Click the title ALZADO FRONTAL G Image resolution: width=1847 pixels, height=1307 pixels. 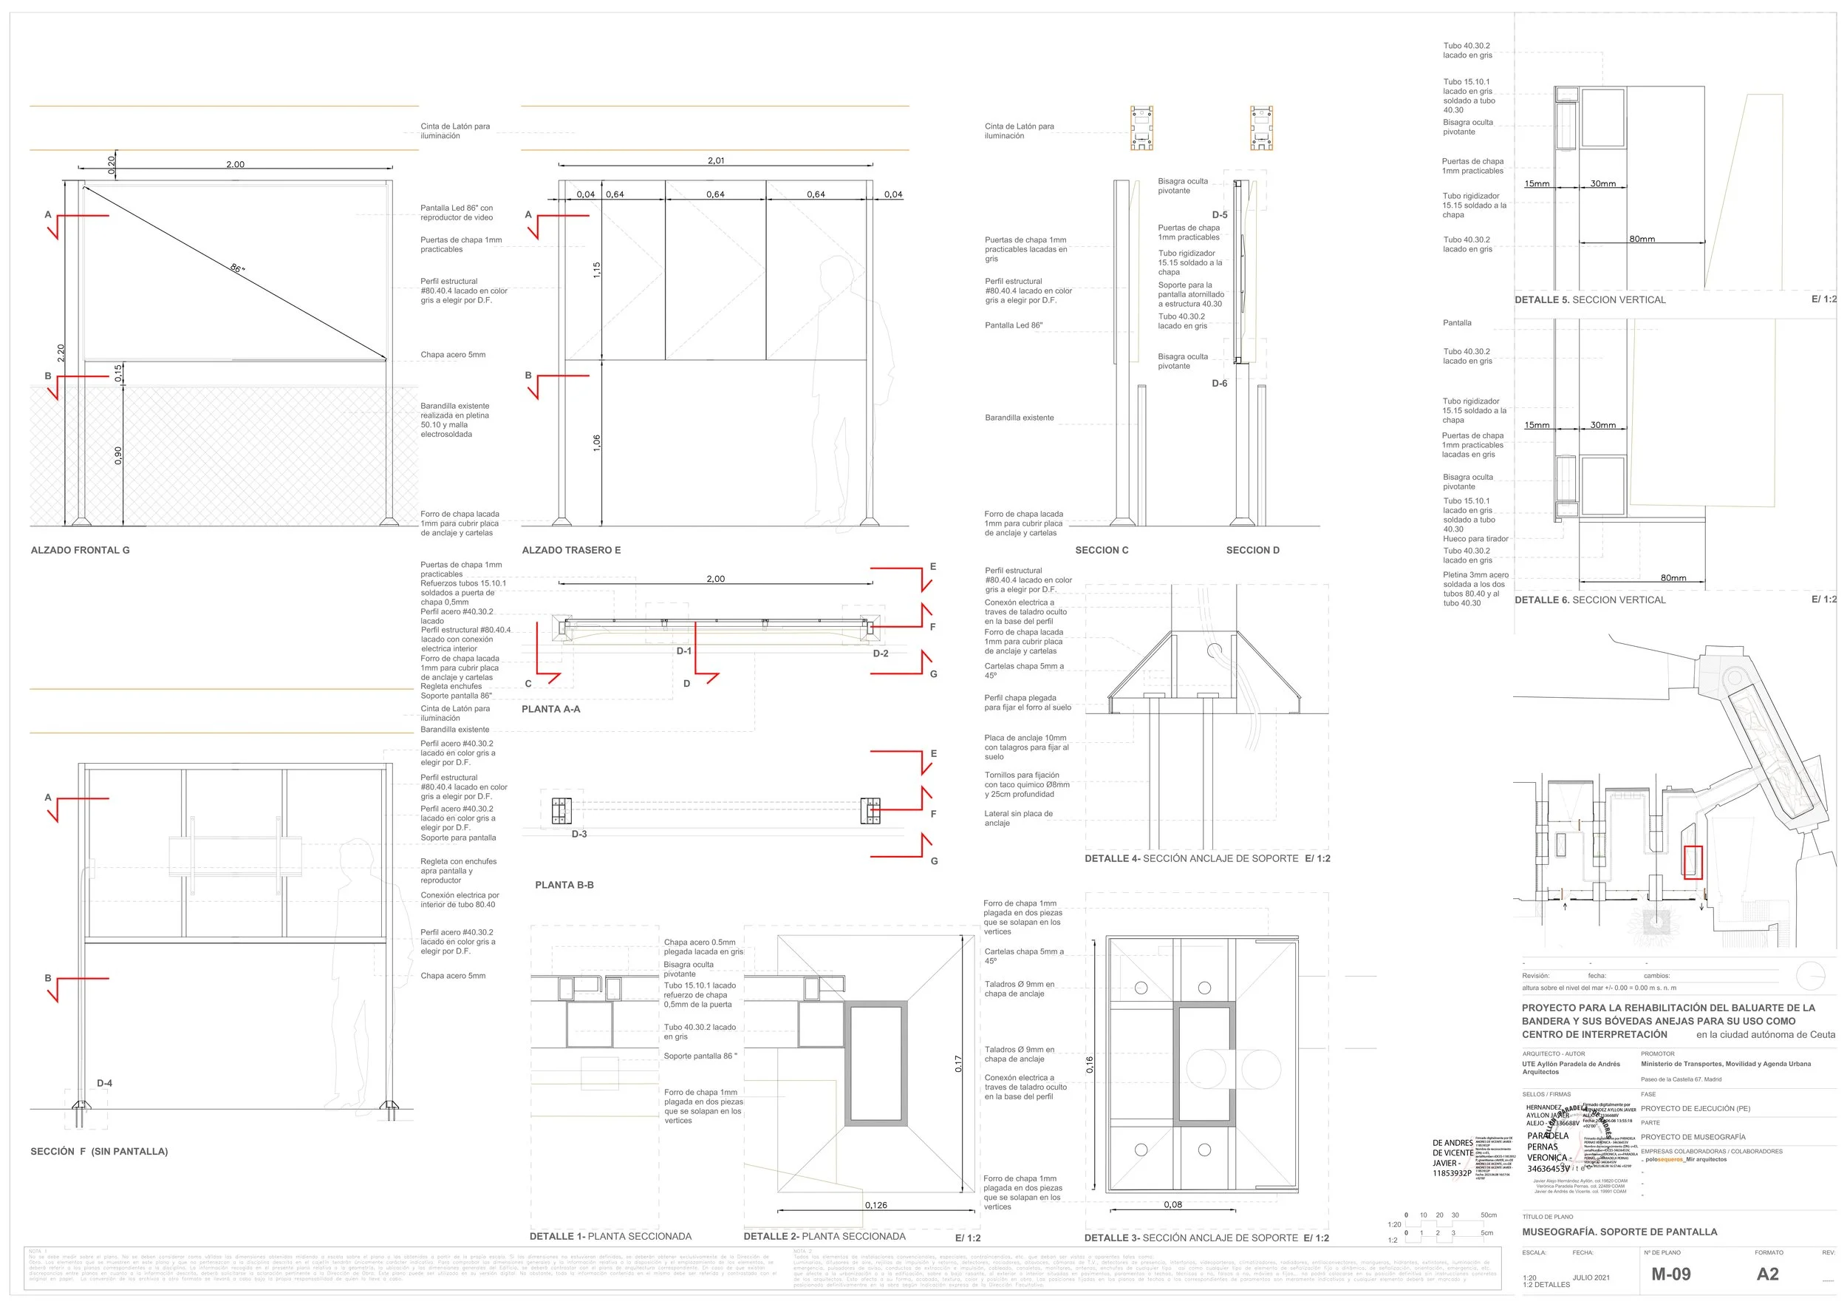tap(80, 551)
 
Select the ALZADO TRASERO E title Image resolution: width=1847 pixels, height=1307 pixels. tap(571, 551)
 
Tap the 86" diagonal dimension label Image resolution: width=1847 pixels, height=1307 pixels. tap(236, 268)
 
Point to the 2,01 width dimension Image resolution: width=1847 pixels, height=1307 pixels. tap(716, 161)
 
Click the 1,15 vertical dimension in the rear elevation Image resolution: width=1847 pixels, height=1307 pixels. tap(597, 271)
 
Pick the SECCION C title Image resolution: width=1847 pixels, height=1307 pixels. tap(1102, 551)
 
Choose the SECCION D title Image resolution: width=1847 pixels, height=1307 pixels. tap(1252, 551)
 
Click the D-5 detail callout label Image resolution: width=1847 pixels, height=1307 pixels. tap(1220, 215)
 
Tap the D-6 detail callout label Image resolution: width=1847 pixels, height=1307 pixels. tap(1220, 384)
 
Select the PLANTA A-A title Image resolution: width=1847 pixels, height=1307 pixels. tap(550, 709)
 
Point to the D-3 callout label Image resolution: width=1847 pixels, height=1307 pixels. tap(579, 835)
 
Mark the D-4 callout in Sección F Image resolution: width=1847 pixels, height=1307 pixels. tap(105, 1083)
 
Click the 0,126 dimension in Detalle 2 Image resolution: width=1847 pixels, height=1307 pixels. tap(876, 1205)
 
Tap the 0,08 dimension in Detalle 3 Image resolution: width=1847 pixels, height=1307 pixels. tap(1173, 1205)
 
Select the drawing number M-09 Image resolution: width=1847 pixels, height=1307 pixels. tap(1671, 1274)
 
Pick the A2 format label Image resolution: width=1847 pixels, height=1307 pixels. tap(1767, 1274)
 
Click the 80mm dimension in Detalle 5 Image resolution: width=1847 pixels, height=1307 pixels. tap(1642, 239)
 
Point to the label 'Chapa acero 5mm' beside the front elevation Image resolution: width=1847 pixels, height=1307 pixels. tap(453, 355)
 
